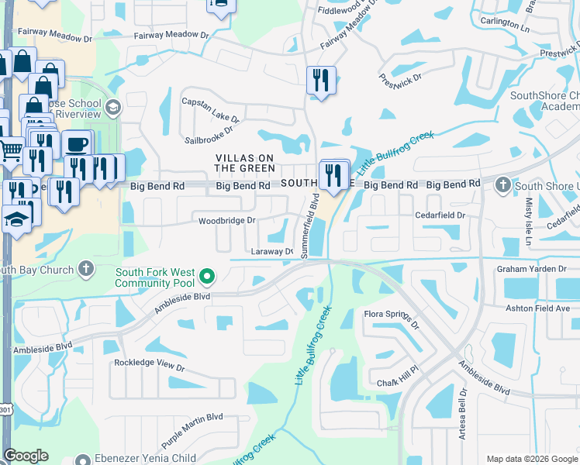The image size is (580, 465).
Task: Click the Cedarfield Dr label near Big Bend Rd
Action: click(440, 215)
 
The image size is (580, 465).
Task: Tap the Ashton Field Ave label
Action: click(537, 308)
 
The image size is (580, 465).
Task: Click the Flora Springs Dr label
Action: click(392, 320)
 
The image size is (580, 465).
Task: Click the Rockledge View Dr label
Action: click(150, 363)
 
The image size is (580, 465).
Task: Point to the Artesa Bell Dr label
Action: click(462, 417)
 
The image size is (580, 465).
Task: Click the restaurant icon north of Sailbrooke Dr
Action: click(320, 80)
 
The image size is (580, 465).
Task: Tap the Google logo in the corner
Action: click(26, 456)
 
